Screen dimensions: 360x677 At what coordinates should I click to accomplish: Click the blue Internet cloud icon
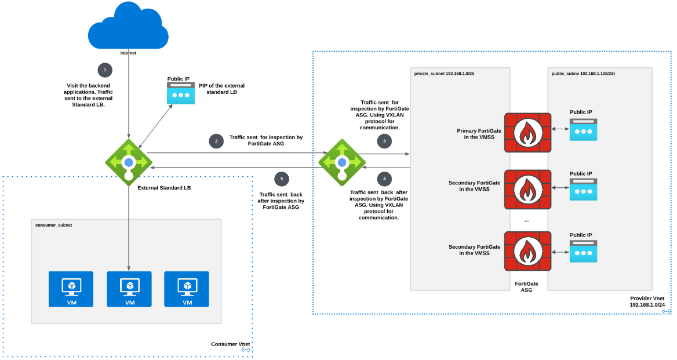point(128,26)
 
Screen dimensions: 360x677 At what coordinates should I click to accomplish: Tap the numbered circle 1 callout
point(105,70)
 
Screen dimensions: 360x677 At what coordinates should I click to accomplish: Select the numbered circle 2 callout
point(216,141)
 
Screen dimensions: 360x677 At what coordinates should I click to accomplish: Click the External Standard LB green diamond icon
point(129,162)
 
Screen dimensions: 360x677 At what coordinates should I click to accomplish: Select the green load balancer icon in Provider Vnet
point(342,162)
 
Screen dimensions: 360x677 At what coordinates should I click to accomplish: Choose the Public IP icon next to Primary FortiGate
point(583,131)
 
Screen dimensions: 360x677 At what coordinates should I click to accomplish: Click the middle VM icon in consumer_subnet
point(129,289)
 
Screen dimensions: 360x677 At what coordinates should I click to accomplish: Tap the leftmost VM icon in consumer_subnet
point(71,289)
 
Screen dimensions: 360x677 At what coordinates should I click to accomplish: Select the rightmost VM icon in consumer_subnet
point(187,289)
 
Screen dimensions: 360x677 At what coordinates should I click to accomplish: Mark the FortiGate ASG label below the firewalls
point(527,286)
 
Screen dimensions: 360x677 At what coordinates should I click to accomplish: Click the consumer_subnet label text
point(54,225)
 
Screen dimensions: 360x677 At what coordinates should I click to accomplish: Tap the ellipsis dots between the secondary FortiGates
point(526,221)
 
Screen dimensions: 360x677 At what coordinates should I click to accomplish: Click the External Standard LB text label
point(164,188)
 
